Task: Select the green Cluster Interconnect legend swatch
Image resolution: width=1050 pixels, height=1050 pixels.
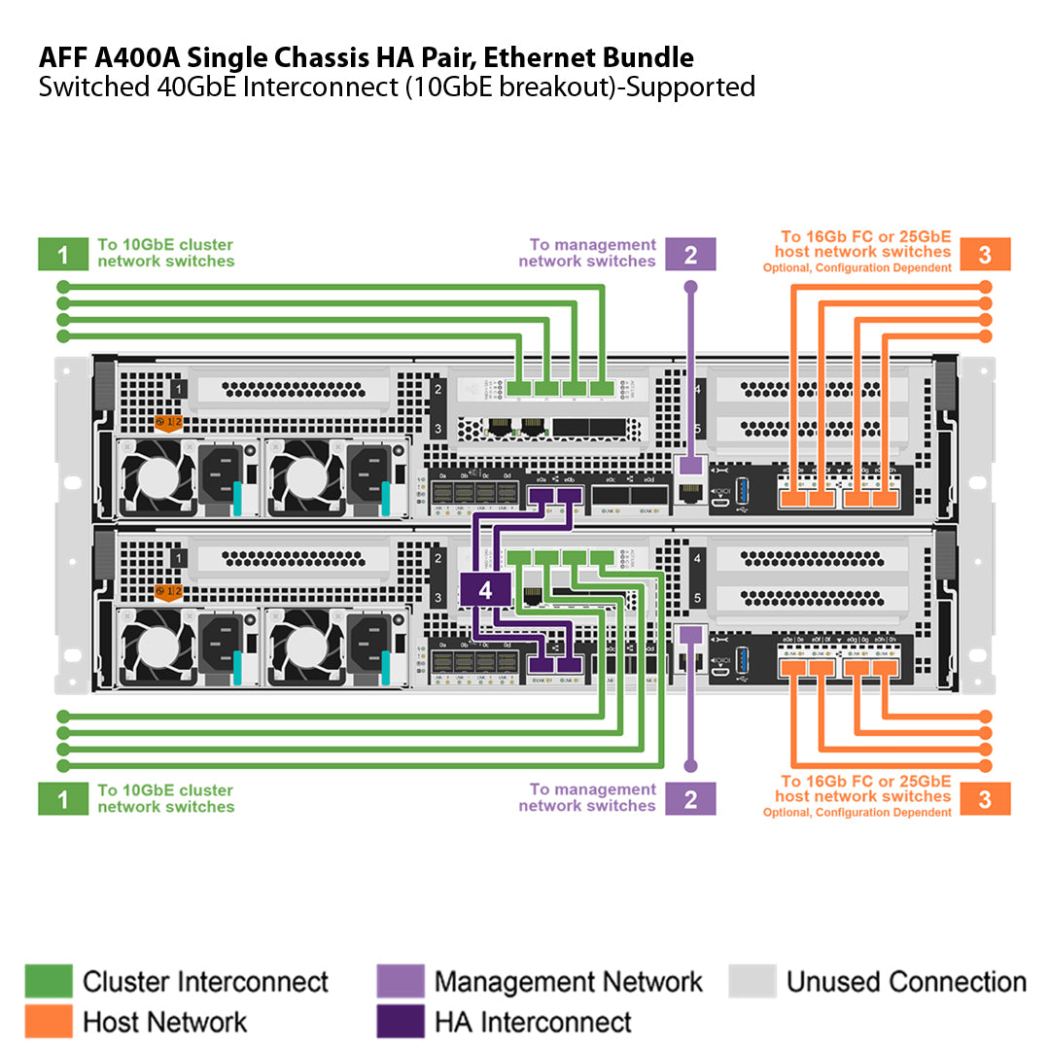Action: coord(49,981)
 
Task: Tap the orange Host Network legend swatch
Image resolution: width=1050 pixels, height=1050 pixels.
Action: coord(49,1021)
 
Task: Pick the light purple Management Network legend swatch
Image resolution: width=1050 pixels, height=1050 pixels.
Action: coord(400,981)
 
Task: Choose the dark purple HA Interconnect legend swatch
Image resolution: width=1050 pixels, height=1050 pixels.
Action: coord(400,1021)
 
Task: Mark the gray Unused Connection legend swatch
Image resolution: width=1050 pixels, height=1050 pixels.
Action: coord(752,981)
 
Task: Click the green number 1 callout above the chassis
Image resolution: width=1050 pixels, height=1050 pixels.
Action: coord(63,255)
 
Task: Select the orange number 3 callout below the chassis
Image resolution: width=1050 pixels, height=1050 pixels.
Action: coord(985,799)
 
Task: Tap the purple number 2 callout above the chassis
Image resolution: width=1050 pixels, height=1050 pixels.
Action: coord(690,255)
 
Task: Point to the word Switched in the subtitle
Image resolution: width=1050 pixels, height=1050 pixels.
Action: coord(93,87)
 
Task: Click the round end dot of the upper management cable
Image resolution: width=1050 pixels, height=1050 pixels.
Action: coord(690,287)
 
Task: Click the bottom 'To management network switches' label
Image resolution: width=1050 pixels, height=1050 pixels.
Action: coord(587,797)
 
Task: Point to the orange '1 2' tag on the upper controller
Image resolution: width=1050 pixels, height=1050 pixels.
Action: coord(169,423)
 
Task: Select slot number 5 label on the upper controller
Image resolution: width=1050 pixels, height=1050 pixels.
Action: coord(698,428)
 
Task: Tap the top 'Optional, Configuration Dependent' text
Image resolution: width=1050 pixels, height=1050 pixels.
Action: coord(857,268)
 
